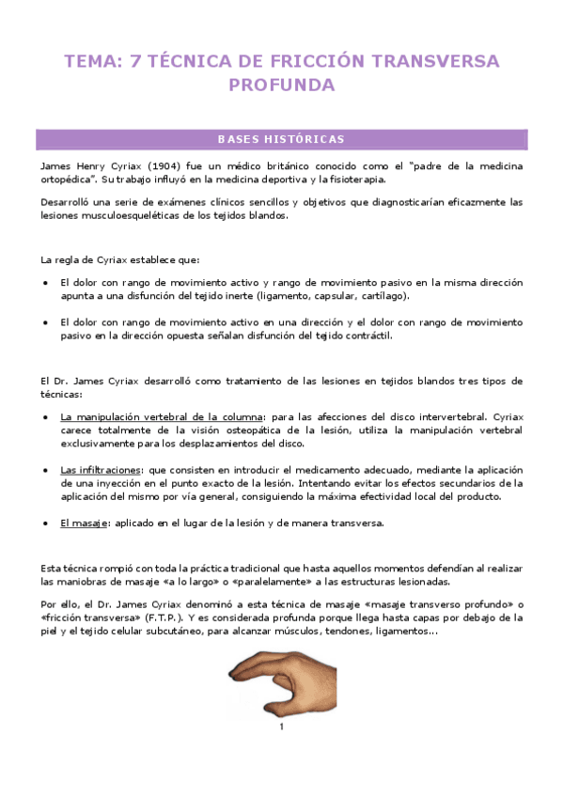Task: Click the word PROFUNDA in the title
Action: pyautogui.click(x=282, y=86)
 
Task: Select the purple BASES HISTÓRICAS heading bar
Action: pyautogui.click(x=281, y=139)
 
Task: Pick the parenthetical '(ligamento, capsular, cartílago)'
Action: pyautogui.click(x=334, y=295)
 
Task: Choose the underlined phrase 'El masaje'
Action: pyautogui.click(x=83, y=523)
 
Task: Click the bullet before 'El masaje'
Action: pyautogui.click(x=47, y=523)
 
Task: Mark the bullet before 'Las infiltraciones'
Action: pyautogui.click(x=47, y=469)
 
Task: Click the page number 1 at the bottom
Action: pyautogui.click(x=280, y=727)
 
